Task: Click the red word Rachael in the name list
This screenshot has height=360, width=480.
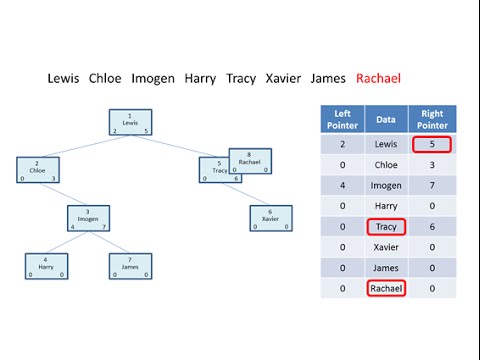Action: point(379,78)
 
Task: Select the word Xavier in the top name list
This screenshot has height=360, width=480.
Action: point(283,78)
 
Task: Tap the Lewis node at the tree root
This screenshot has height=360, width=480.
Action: point(131,122)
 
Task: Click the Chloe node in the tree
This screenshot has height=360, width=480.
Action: point(38,170)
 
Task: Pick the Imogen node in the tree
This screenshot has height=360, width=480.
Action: point(88,218)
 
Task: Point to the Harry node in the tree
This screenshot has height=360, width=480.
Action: point(46,266)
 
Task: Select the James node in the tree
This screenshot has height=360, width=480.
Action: point(130,266)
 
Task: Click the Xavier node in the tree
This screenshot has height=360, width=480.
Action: point(270,218)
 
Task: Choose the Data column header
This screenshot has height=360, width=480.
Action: point(386,119)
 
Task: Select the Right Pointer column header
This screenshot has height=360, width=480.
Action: point(433,119)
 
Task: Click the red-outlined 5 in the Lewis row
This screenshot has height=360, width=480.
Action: point(433,144)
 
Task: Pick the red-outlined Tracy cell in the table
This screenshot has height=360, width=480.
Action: point(386,227)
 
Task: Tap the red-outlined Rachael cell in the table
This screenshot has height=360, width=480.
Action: point(386,288)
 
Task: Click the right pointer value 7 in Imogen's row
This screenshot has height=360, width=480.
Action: point(433,185)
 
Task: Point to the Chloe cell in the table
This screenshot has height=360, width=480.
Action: point(386,165)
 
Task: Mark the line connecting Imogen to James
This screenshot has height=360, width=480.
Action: point(112,242)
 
